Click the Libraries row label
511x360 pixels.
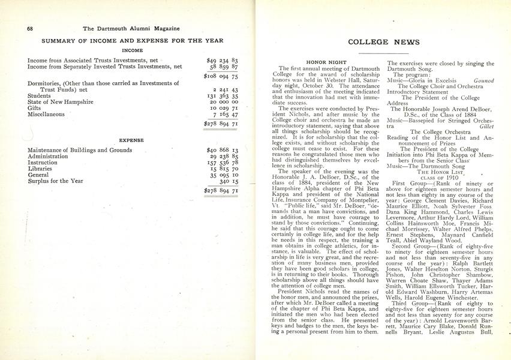point(41,169)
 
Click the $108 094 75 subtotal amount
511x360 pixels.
point(221,77)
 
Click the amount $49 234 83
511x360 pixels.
point(222,61)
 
